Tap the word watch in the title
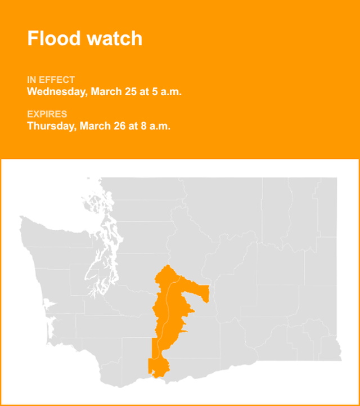pyautogui.click(x=112, y=38)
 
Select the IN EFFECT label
pyautogui.click(x=51, y=80)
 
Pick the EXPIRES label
pyautogui.click(x=47, y=114)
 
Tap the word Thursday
pyautogui.click(x=51, y=126)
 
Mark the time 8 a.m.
pyautogui.click(x=155, y=126)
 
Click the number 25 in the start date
pyautogui.click(x=131, y=92)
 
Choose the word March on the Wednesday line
pyautogui.click(x=106, y=92)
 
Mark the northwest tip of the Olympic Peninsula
pyautogui.click(x=22, y=218)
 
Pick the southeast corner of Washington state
pyautogui.click(x=339, y=359)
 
